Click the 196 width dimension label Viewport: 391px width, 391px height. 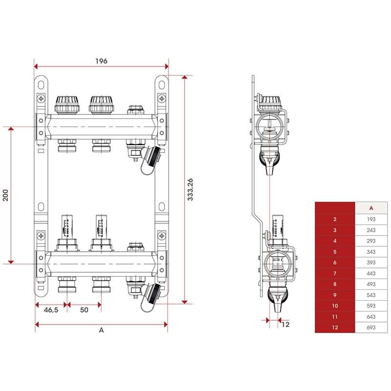click(x=101, y=61)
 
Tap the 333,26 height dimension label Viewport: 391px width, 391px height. click(x=190, y=190)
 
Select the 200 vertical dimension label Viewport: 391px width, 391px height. click(x=5, y=195)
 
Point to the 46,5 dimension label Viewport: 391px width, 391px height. click(x=51, y=310)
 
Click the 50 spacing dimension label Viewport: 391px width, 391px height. click(x=84, y=310)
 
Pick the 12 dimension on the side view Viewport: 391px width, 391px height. click(x=285, y=325)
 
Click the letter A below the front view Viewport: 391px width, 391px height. click(x=101, y=330)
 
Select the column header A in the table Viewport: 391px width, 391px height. click(x=371, y=208)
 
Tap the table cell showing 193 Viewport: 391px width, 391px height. click(x=371, y=219)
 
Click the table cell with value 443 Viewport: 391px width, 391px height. click(x=371, y=273)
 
